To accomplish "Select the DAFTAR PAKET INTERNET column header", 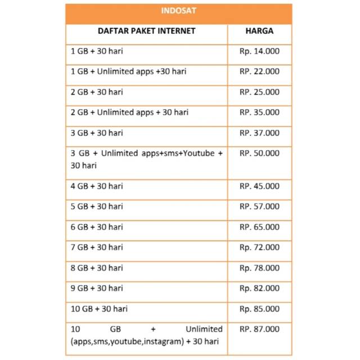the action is pos(147,31).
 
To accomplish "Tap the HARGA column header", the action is pos(259,31).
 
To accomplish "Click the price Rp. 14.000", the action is pos(259,51).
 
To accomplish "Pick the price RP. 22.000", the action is pos(259,71).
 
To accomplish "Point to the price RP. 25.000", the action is pos(259,92).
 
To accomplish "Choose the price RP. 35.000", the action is pos(259,112).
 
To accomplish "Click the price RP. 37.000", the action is pos(259,133).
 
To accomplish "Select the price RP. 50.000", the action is pos(259,153).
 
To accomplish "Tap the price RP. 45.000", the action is pos(259,186).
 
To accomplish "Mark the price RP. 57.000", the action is pos(259,206).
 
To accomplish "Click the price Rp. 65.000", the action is pos(259,227).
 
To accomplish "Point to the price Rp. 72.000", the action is pos(259,247).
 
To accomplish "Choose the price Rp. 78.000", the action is pos(259,268).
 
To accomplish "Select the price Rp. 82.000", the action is pos(259,288).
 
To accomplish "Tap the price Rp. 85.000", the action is pos(259,309).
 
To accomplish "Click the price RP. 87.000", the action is pos(259,329).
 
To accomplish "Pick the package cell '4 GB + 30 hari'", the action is pos(97,186).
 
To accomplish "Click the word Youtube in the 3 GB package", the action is pos(198,153).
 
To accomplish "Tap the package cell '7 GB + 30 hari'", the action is pos(97,247).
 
